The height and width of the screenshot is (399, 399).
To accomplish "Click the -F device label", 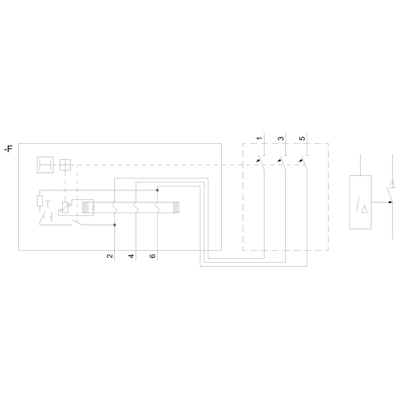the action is click(x=8, y=148).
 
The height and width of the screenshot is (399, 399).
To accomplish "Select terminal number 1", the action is click(x=259, y=138).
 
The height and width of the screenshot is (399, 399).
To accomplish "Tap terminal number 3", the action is click(x=280, y=138).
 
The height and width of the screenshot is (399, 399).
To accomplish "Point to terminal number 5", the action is click(x=302, y=138).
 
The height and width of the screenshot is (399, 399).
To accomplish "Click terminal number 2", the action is click(x=110, y=256).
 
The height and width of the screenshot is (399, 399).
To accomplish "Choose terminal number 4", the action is click(x=131, y=256).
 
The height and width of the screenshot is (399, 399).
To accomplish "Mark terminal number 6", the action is click(x=153, y=256).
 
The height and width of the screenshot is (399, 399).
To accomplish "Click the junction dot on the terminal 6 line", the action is click(x=157, y=190).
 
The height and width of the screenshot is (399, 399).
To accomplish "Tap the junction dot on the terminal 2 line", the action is click(x=115, y=225).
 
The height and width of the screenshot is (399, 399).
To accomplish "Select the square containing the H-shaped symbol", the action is click(x=45, y=165).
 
